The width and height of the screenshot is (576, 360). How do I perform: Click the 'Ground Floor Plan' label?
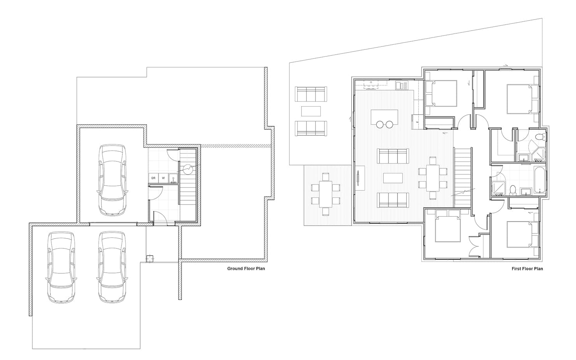(x=246, y=269)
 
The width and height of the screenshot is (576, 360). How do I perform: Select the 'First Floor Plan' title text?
(x=527, y=269)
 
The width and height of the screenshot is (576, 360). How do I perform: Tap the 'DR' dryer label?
(x=153, y=178)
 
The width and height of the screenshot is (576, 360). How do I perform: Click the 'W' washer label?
(x=163, y=178)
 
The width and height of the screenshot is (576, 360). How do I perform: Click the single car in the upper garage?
(x=113, y=180)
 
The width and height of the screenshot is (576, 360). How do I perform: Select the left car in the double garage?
(x=61, y=267)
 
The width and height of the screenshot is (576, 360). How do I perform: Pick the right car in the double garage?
(x=112, y=267)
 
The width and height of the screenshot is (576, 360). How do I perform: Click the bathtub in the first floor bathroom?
(x=539, y=180)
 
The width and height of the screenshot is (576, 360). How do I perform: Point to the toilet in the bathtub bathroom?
(x=513, y=191)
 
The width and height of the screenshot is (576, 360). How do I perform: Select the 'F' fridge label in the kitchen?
(x=417, y=122)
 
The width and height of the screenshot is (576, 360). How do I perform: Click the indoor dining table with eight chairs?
(x=432, y=178)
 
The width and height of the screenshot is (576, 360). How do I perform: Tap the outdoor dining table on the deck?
(x=325, y=194)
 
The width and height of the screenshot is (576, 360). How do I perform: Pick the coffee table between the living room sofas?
(x=393, y=178)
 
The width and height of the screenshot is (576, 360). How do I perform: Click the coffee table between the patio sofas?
(x=311, y=111)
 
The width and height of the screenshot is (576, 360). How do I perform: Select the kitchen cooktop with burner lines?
(x=371, y=84)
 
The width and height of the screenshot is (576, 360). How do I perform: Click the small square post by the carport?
(x=150, y=259)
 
